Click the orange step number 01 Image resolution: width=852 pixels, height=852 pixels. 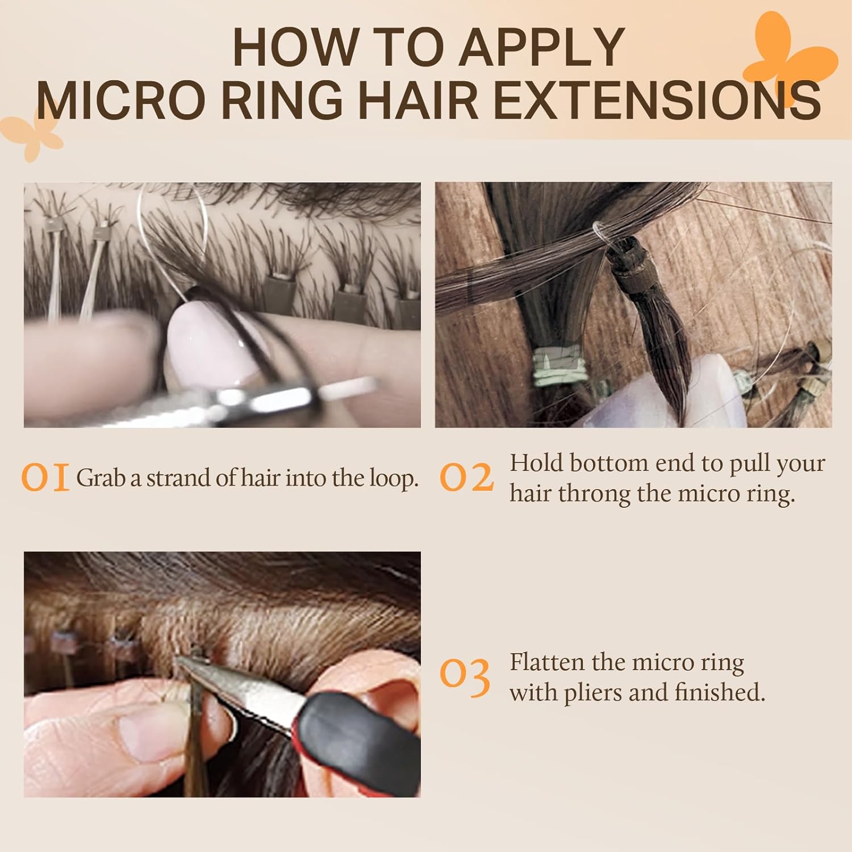coord(45,478)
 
